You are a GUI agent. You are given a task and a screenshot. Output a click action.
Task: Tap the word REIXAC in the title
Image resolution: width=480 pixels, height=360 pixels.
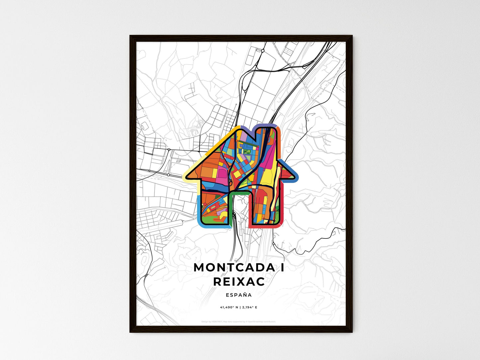(x=239, y=282)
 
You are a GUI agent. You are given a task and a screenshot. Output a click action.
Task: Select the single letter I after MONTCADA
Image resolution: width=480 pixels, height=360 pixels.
(x=282, y=267)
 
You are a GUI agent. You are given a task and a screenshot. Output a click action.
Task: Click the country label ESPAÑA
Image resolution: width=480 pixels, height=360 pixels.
(x=239, y=295)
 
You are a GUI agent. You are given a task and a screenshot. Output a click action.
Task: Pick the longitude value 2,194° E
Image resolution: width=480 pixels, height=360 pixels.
(x=249, y=307)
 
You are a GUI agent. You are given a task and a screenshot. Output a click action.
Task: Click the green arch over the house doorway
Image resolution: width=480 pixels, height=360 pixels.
(x=240, y=193)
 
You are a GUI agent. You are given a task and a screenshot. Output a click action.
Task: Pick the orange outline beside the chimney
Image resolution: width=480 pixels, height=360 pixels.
(x=279, y=143)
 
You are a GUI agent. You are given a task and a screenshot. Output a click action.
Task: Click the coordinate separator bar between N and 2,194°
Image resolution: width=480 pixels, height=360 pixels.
(x=240, y=307)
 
